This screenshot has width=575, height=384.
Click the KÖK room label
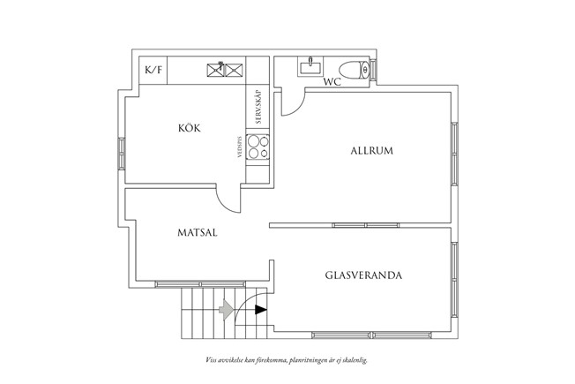tap(189, 129)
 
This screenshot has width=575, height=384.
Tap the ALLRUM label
tap(370, 151)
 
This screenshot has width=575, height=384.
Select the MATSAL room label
tap(197, 233)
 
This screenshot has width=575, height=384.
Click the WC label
tap(332, 82)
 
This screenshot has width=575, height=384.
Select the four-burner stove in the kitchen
tap(259, 147)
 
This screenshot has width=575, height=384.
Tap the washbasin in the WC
tap(310, 66)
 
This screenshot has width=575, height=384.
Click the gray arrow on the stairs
tap(227, 309)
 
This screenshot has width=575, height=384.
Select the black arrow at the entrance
tap(260, 310)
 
